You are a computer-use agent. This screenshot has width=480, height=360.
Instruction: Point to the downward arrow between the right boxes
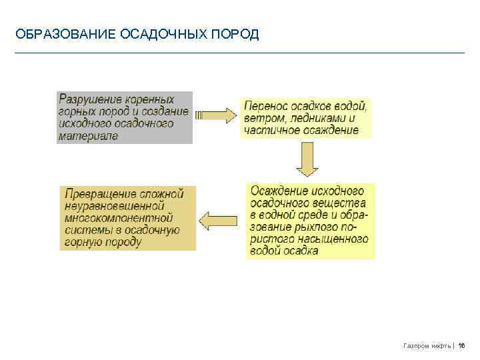point(307,161)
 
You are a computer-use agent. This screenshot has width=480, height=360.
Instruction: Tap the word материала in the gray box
point(88,135)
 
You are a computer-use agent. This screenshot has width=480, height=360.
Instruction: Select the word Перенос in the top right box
point(265,106)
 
